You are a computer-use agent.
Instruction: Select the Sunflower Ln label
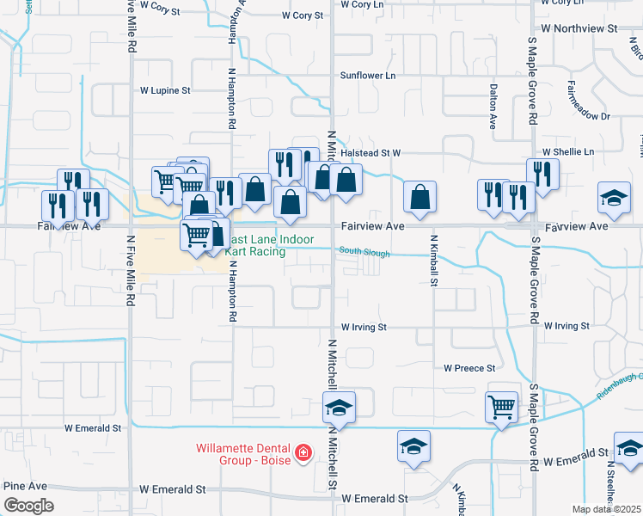pyautogui.click(x=368, y=76)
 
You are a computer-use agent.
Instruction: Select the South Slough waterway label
pyautogui.click(x=364, y=253)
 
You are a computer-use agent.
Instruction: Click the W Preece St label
pyautogui.click(x=469, y=367)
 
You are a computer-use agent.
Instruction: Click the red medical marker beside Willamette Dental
pyautogui.click(x=303, y=452)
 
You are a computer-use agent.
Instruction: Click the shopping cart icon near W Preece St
pyautogui.click(x=501, y=406)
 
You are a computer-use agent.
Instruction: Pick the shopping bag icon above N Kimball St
pyautogui.click(x=419, y=197)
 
